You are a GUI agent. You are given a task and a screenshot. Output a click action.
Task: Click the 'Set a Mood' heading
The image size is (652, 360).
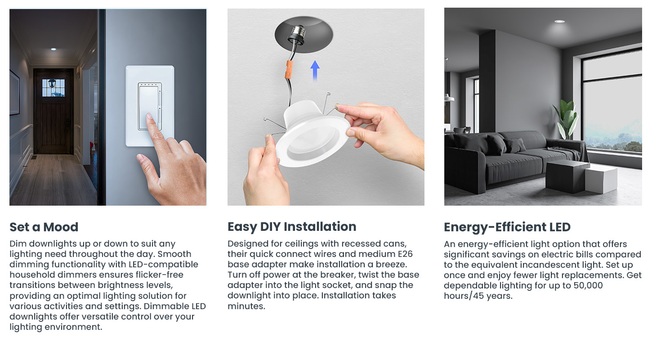click(x=44, y=227)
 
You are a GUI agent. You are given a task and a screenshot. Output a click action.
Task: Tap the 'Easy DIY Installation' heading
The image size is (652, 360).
click(x=292, y=227)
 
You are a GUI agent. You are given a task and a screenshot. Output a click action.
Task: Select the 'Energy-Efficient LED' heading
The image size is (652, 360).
click(x=507, y=227)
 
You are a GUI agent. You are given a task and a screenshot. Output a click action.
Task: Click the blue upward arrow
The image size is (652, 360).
click(x=315, y=70)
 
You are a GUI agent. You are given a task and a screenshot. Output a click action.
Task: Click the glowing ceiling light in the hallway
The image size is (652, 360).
click(x=54, y=49)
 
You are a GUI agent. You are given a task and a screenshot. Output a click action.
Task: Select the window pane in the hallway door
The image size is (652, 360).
click(x=53, y=88)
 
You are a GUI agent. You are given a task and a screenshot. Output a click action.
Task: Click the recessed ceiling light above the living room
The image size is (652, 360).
click(x=559, y=22)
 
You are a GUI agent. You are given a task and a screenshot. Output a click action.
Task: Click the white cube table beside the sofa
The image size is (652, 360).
click(x=601, y=180)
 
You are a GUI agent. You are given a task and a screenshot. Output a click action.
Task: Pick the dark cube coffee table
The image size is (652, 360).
click(x=567, y=176)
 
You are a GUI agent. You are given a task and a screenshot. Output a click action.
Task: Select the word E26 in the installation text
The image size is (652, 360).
click(x=405, y=254)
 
